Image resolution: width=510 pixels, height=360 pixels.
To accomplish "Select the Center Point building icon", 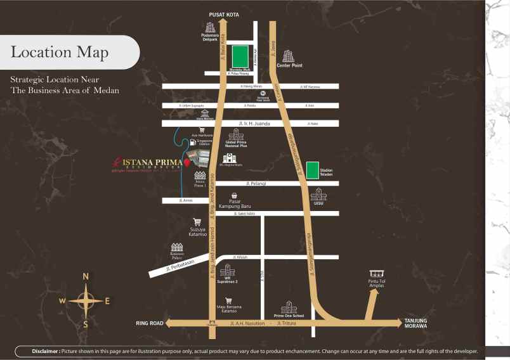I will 289,56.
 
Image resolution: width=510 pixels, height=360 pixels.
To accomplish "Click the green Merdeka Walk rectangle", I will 240,56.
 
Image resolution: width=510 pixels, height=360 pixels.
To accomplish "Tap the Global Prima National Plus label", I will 237,146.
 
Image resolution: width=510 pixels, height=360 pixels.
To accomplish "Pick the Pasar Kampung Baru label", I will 235,205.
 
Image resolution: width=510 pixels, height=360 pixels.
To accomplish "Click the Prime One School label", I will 289,315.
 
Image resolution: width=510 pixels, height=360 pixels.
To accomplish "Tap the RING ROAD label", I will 150,323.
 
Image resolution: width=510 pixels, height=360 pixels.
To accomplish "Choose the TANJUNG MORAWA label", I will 415,323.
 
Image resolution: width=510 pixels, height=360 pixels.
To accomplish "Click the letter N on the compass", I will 86,276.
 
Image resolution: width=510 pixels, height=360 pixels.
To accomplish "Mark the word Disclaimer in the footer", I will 46,350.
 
